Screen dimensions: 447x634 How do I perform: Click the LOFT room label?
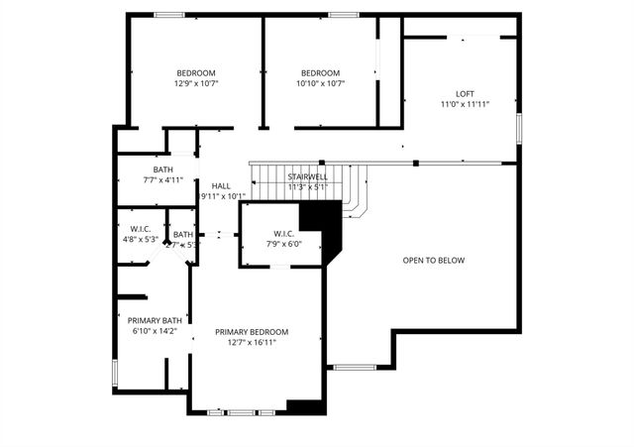coord(465,93)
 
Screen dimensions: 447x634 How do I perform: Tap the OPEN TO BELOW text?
coord(433,261)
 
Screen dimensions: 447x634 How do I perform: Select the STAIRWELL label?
coord(308,176)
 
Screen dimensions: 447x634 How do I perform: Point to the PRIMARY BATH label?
coord(154,320)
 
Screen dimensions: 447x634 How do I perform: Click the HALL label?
coord(221,185)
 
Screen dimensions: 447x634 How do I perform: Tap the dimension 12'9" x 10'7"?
coord(196,84)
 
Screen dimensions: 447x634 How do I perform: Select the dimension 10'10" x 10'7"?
coord(320,84)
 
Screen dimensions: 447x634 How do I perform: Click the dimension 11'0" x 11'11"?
coord(465,104)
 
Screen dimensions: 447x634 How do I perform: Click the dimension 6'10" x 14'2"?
coord(154,331)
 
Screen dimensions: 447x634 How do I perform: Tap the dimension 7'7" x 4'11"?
coord(162,180)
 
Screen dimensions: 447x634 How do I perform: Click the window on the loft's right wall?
coord(518,128)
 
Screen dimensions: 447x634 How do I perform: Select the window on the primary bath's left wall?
coord(115,374)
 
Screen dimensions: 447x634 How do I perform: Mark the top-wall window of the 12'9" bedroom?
coord(168,14)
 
